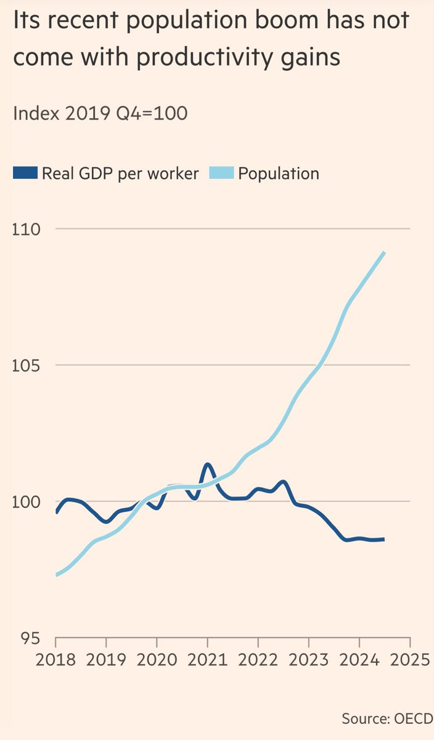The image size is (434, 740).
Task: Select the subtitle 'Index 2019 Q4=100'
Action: point(100,113)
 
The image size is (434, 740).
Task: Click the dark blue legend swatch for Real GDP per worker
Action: point(25,173)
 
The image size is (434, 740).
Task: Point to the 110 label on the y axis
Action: point(26,229)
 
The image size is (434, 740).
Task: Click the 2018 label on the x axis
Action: point(55,660)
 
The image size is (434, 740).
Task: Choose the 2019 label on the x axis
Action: point(106,660)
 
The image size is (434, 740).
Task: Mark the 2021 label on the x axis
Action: point(207,660)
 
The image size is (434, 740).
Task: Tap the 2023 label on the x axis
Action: point(308,660)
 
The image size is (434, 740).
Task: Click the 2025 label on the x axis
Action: point(409,660)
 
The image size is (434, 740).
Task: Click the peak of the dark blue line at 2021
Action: point(208,464)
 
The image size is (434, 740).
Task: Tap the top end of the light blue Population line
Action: point(384,253)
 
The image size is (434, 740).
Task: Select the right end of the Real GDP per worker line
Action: point(383,540)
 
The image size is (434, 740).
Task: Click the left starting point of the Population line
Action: point(56,575)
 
